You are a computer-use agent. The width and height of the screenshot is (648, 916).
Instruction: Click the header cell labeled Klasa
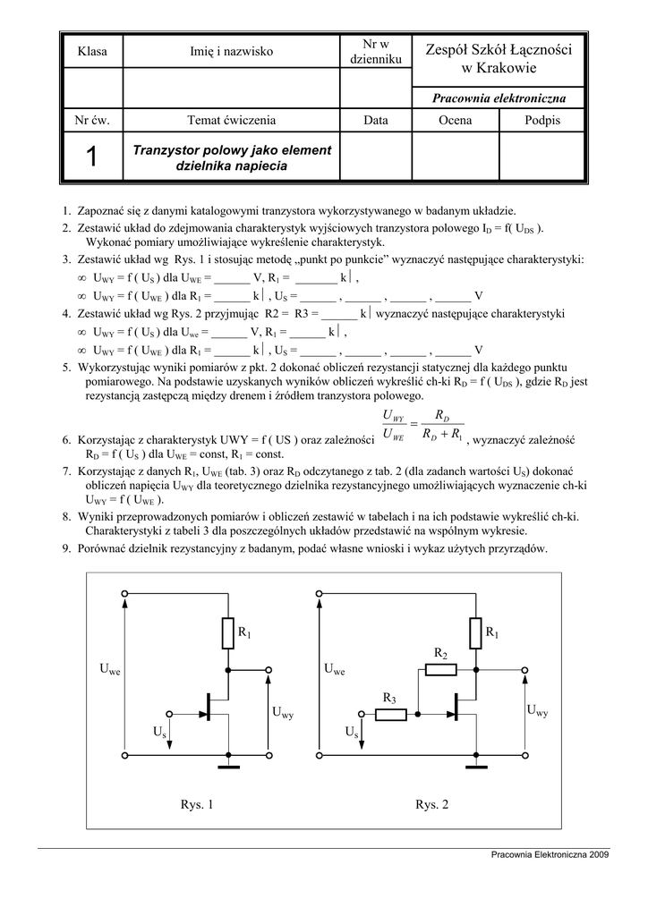pos(92,52)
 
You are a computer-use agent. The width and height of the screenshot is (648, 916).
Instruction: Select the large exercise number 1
pos(91,157)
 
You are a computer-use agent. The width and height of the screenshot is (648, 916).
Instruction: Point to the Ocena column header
pos(455,120)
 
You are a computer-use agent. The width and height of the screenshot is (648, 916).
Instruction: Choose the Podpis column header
pos(542,120)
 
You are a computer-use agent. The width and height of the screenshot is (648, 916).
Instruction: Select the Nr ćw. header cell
pos(91,120)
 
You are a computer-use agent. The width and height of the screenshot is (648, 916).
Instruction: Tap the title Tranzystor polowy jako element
pos(232,149)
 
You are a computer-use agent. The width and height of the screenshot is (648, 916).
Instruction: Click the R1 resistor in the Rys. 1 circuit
pos(228,633)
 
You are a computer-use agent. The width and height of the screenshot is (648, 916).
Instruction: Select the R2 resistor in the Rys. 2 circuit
pos(440,669)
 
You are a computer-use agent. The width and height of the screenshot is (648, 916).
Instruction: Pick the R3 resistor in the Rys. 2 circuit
pos(389,713)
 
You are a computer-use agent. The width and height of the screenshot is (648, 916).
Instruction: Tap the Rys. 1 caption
pos(197,805)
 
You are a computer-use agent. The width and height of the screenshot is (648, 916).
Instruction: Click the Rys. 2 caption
pos(431,805)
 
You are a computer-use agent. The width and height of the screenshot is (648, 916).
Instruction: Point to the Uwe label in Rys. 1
pos(109,669)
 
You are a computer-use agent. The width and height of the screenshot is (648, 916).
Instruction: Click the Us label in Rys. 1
pos(159,732)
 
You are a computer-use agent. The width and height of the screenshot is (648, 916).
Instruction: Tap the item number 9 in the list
pos(66,548)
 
